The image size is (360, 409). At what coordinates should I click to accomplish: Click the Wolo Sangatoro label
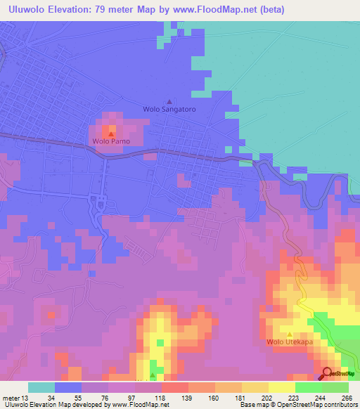(x=169, y=110)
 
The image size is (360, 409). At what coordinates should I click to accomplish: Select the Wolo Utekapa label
(x=289, y=342)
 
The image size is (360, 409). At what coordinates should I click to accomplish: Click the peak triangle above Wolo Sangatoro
(x=168, y=100)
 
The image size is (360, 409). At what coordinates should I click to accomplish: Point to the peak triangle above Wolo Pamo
(x=111, y=132)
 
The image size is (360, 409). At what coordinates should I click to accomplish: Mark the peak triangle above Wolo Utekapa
(x=289, y=334)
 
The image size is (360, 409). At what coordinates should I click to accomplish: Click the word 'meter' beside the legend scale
(x=11, y=397)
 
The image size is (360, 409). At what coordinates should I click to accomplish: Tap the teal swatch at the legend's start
(x=41, y=387)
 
